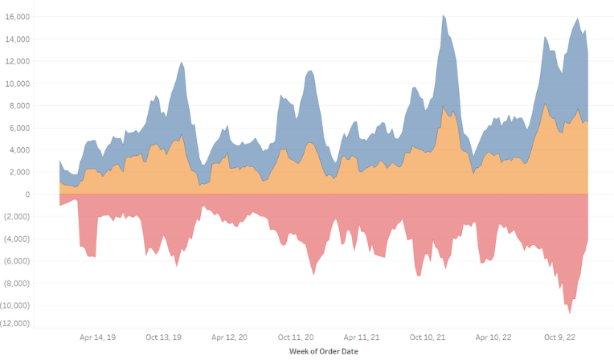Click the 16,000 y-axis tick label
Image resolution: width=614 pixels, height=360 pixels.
[39, 16]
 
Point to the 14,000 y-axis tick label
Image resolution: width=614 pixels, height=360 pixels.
[39, 39]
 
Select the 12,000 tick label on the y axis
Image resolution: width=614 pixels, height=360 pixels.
[39, 61]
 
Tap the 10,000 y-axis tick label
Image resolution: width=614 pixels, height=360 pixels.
[39, 83]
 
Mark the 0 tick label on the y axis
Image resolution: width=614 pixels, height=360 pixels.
[49, 194]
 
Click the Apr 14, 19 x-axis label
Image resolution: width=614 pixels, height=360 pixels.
[99, 337]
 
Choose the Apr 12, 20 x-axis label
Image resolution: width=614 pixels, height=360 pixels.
[231, 337]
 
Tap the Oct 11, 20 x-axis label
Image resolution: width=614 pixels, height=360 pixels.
[297, 337]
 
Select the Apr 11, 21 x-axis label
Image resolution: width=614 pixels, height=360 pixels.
[362, 337]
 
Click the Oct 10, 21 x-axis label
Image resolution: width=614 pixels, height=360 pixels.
[428, 337]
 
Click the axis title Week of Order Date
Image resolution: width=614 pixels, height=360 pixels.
[323, 351]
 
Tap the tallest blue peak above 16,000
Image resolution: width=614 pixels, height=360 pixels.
[443, 16]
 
